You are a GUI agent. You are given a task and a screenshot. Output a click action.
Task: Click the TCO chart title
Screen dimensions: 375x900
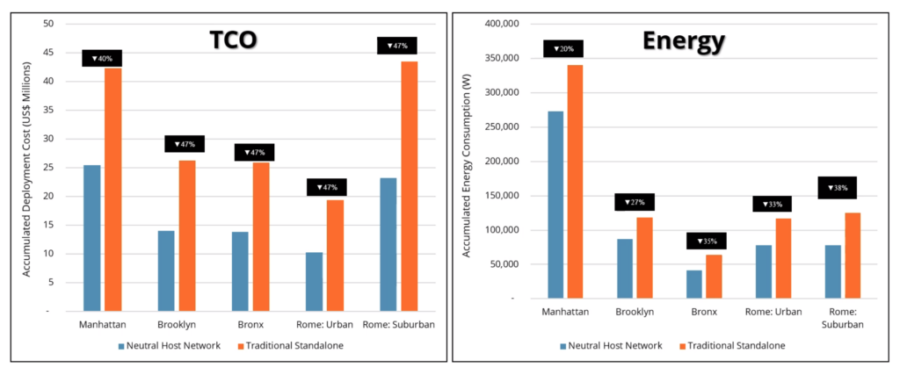tap(240, 40)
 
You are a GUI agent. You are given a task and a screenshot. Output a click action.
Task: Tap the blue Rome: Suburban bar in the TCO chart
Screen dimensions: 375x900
tap(388, 244)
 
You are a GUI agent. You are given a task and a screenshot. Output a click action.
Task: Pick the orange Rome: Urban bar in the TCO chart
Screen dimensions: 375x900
tap(335, 255)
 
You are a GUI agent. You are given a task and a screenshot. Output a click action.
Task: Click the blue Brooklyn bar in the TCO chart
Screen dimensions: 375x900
tap(166, 270)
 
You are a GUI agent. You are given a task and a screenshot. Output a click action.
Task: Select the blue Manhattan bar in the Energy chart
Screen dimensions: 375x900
tap(555, 205)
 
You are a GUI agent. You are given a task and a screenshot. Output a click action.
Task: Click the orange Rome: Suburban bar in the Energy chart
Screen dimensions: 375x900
tap(852, 255)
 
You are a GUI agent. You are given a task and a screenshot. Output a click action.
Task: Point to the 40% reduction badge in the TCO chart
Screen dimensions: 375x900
tap(102, 59)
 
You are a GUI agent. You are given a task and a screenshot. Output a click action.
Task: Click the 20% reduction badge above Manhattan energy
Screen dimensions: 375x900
tap(562, 49)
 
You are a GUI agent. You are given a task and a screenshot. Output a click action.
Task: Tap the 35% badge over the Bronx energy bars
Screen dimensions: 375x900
tap(706, 241)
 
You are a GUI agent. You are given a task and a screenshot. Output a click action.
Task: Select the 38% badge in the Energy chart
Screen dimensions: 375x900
tap(837, 187)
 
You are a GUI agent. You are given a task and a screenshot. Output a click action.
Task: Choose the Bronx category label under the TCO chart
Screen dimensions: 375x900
tap(250, 325)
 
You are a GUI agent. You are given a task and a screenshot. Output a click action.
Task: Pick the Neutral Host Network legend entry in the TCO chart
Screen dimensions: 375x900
tap(175, 346)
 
